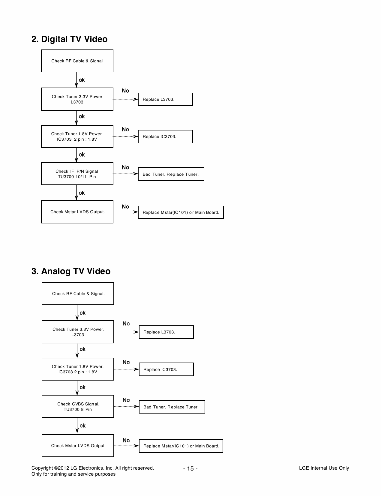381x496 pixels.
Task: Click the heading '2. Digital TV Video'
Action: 69,39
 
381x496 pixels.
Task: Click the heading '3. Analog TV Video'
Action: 71,271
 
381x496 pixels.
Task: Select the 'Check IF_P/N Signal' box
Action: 77,174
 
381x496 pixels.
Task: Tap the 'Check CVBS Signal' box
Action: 78,407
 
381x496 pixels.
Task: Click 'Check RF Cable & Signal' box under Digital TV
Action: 77,61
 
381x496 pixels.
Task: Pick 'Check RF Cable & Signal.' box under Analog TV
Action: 78,294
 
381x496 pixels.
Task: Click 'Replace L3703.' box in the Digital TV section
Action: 165,100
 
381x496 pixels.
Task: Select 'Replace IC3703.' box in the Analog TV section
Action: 166,369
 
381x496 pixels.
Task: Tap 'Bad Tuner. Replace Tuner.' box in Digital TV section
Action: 171,174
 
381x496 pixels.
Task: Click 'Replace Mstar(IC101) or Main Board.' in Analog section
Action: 181,446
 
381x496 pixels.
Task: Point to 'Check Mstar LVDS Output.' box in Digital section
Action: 77,212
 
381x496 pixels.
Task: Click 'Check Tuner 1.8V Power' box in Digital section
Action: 77,137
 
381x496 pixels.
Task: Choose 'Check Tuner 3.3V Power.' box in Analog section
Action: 78,332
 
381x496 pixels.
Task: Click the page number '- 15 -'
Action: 190,469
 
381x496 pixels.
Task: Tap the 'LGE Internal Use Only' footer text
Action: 324,468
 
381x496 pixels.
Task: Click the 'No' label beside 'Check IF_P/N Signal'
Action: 125,168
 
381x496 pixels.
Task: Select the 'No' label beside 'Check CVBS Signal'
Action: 126,400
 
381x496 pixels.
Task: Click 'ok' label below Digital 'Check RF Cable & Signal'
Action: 82,80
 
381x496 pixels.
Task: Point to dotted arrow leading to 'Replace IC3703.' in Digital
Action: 125,136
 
